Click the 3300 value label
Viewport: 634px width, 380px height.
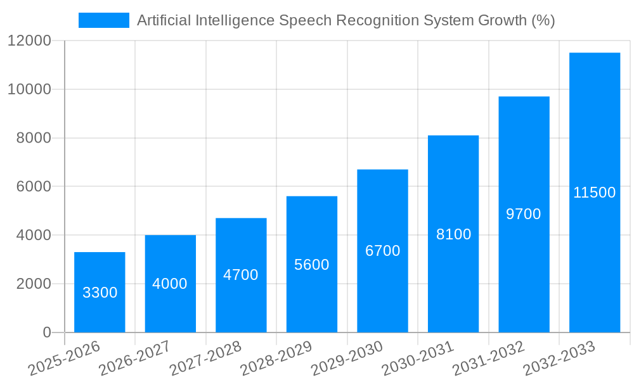click(100, 293)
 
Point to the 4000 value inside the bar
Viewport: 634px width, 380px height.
click(170, 284)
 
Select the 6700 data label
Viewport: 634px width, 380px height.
click(383, 251)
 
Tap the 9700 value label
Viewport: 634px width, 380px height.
click(524, 214)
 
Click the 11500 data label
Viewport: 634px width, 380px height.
click(594, 193)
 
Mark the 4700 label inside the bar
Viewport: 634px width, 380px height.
click(241, 275)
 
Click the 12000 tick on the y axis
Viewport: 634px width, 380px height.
click(29, 41)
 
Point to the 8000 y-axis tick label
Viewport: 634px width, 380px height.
click(33, 138)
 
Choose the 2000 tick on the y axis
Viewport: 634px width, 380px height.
click(33, 284)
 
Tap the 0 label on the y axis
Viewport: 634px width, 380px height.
click(46, 332)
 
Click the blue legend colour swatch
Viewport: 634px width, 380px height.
click(103, 20)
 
